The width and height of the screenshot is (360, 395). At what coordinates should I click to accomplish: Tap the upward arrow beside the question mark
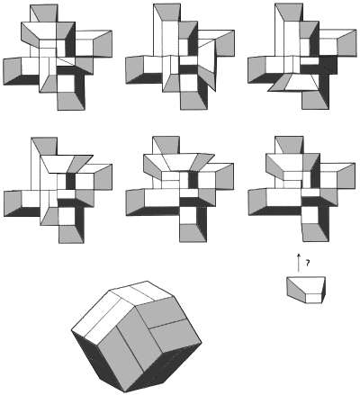coord(300,263)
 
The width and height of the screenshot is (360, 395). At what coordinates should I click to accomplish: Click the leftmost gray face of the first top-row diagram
coord(17,69)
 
